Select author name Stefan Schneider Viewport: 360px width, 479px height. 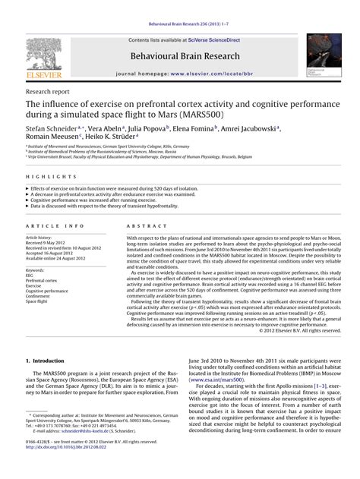pos(50,130)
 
